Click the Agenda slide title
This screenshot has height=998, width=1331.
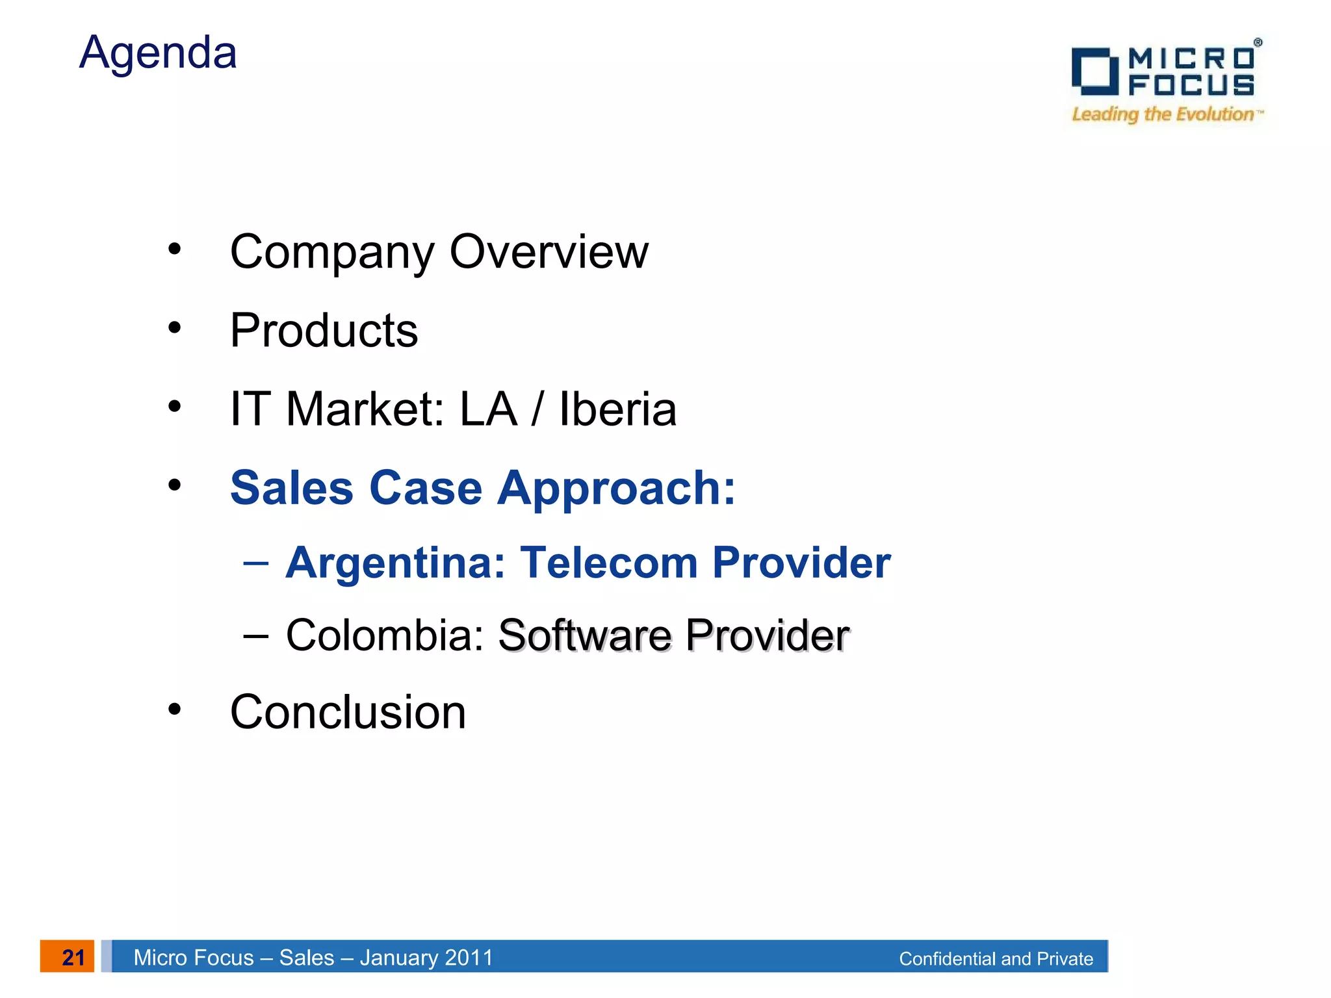pos(158,53)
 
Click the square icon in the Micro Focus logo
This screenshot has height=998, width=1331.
pos(1094,71)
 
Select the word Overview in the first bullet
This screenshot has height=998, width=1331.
pos(549,252)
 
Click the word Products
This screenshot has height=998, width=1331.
pos(324,331)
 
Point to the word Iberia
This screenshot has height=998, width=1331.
pos(617,409)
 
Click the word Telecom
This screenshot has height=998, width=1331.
pos(609,562)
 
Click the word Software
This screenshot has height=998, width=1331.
pos(585,635)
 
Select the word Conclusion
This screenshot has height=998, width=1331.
pos(348,712)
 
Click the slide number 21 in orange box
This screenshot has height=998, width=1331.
pos(73,957)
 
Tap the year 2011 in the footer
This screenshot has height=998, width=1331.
pos(469,957)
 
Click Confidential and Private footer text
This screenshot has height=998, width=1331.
pos(996,958)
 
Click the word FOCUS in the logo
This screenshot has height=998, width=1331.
pos(1191,85)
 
